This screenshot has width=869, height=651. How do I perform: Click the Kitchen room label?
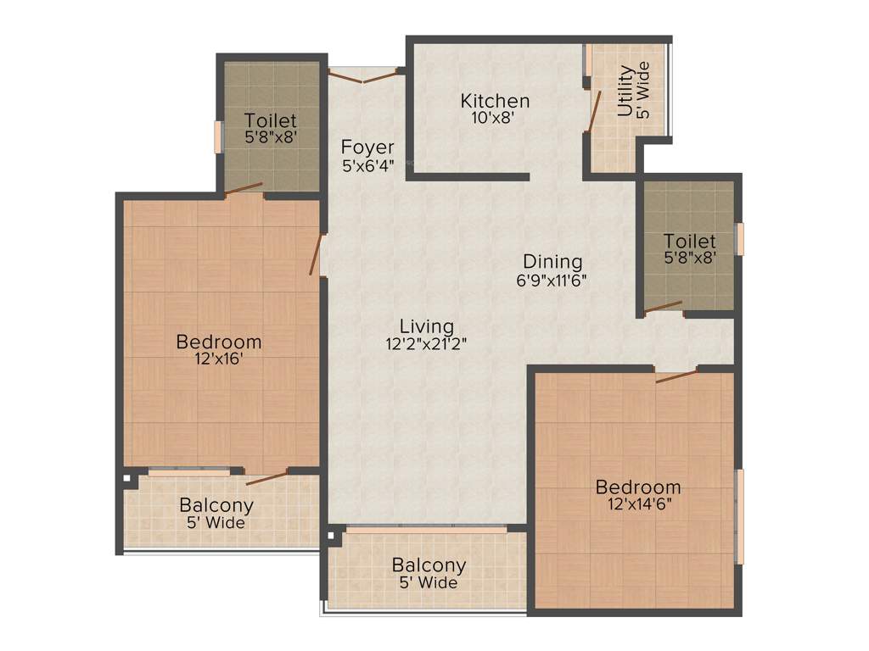pos(495,101)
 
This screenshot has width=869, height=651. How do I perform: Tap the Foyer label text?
pos(367,147)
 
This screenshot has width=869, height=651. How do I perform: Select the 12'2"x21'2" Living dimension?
pos(427,344)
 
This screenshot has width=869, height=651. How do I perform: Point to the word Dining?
pos(552,261)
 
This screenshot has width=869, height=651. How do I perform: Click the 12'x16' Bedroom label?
pos(219,342)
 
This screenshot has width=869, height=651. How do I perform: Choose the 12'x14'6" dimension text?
pos(638,504)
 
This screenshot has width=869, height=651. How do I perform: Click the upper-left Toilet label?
pos(270,120)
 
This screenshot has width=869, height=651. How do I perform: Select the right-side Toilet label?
pos(689,241)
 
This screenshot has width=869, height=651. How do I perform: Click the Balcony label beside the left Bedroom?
pos(216,506)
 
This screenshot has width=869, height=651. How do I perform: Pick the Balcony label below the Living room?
pos(429,565)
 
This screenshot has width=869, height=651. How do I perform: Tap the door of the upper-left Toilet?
pos(244,189)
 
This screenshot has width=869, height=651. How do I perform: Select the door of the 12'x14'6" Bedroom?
pos(676,376)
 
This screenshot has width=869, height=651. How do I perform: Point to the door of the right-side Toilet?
pos(663,308)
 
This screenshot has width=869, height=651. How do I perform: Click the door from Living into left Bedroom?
pos(317,255)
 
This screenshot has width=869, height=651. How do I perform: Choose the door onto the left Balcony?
pos(266,477)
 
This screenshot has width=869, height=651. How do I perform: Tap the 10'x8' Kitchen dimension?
pos(493,119)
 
